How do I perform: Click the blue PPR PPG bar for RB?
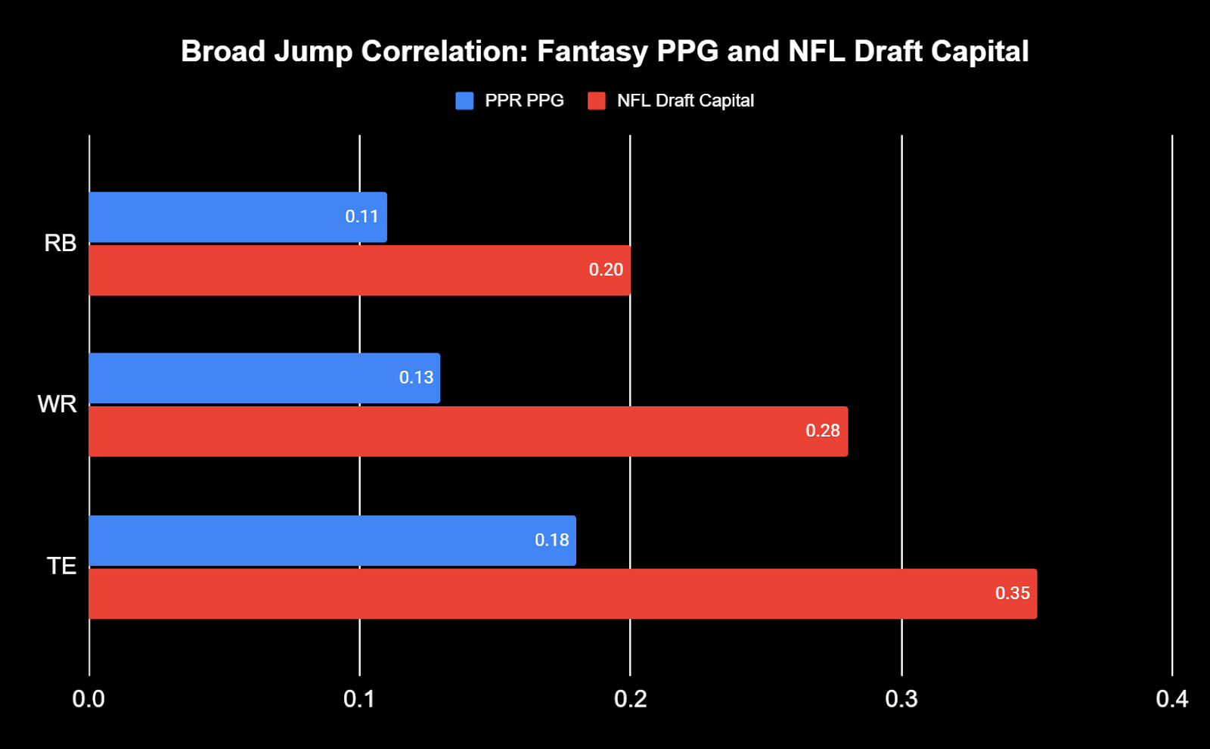pyautogui.click(x=227, y=217)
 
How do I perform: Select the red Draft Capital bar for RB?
pyautogui.click(x=340, y=270)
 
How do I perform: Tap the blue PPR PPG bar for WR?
pyautogui.click(x=250, y=378)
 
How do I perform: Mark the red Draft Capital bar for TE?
pyautogui.click(x=529, y=594)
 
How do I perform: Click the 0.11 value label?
pyautogui.click(x=361, y=217)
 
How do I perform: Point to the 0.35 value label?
pyautogui.click(x=1012, y=594)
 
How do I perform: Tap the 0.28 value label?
pyautogui.click(x=822, y=431)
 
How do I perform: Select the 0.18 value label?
pyautogui.click(x=551, y=540)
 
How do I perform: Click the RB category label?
pyautogui.click(x=60, y=244)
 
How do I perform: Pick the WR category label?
pyautogui.click(x=57, y=405)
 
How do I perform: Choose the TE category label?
pyautogui.click(x=61, y=567)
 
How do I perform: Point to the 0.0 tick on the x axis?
pyautogui.click(x=88, y=699)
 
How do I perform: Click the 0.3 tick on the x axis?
pyautogui.click(x=901, y=699)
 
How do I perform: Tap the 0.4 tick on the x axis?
pyautogui.click(x=1171, y=699)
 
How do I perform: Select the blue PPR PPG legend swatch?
pyautogui.click(x=464, y=101)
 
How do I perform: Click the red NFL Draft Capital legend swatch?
pyautogui.click(x=597, y=101)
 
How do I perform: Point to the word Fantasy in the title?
pyautogui.click(x=592, y=51)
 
